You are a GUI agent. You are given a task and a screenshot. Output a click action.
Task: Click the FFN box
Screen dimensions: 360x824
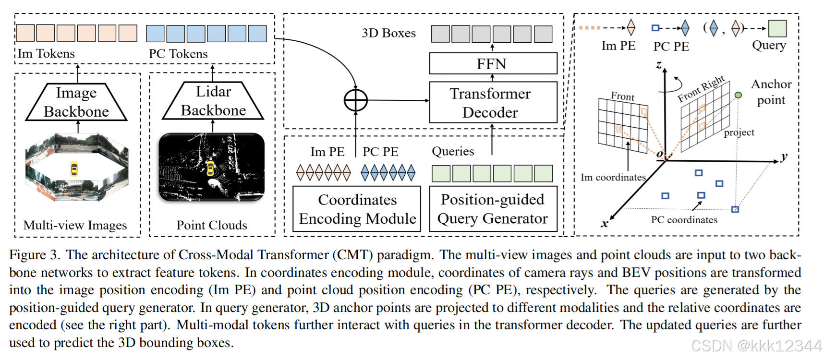493,64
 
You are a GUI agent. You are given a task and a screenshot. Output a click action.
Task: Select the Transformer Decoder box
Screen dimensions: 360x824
493,103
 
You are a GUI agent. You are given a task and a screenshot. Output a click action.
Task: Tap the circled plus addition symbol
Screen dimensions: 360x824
356,101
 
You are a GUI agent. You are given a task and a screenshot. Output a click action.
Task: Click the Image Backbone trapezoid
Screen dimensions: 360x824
76,102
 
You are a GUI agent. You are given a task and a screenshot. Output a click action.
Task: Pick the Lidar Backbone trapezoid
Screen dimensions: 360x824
213,101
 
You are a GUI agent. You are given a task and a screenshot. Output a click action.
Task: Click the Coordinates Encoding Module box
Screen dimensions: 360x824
357,209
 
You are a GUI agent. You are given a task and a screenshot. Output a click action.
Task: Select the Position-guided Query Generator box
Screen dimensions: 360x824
493,209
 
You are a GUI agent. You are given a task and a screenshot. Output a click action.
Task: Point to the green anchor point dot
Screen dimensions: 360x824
738,95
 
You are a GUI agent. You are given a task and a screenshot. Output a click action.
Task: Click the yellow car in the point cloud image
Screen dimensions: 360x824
210,168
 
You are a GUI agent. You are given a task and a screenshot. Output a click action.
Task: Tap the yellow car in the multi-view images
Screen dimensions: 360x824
74,169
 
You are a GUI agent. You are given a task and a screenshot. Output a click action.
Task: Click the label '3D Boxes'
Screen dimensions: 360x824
388,33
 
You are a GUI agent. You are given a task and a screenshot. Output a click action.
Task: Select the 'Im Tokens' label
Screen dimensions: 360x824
47,54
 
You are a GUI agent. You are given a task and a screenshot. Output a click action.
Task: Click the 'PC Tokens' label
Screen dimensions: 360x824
178,54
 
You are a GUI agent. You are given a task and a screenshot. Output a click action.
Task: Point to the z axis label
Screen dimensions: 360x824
659,65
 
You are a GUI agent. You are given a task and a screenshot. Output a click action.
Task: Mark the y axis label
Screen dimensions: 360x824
784,157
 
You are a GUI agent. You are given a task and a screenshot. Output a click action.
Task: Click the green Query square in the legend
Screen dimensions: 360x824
777,28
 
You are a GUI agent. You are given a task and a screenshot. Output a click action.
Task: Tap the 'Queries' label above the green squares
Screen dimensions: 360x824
453,152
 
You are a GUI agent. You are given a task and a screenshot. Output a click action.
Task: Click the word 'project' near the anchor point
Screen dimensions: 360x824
739,132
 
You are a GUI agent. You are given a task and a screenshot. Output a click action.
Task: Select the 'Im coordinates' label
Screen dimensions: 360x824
613,178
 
